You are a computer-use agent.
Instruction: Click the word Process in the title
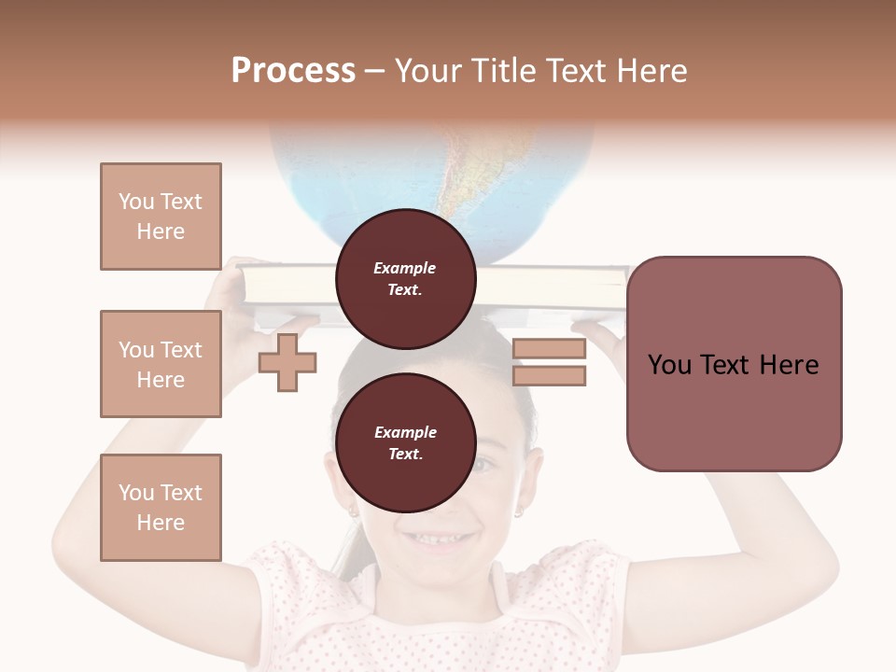pyautogui.click(x=293, y=71)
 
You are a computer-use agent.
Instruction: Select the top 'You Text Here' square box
pyautogui.click(x=161, y=217)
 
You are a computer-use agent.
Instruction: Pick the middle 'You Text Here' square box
pyautogui.click(x=161, y=364)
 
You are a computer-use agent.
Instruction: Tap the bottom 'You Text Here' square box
pyautogui.click(x=161, y=508)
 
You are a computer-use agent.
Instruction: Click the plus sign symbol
pyautogui.click(x=287, y=362)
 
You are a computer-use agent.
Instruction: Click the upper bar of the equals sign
pyautogui.click(x=549, y=349)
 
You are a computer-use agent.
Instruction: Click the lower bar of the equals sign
pyautogui.click(x=549, y=376)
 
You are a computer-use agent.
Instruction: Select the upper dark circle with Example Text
pyautogui.click(x=405, y=279)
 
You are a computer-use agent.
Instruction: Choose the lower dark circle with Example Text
pyautogui.click(x=405, y=443)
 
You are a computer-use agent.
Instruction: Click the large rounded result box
pyautogui.click(x=734, y=364)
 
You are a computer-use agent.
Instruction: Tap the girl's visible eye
pyautogui.click(x=484, y=464)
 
